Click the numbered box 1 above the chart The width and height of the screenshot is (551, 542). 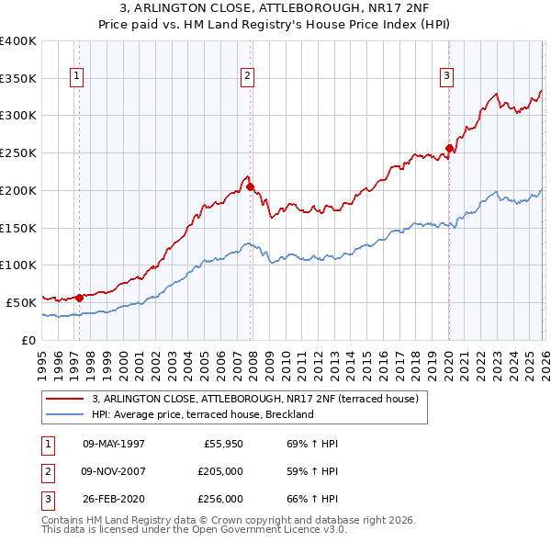point(76,76)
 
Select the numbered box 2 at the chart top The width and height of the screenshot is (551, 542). point(248,76)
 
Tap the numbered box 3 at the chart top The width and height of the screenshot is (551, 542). point(446,76)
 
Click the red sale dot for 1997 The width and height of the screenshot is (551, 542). point(80,297)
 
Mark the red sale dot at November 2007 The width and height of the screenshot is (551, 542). point(250,186)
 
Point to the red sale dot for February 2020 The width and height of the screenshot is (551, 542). point(449,148)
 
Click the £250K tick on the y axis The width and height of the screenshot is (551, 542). point(18,153)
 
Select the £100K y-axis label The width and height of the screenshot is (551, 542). point(18,265)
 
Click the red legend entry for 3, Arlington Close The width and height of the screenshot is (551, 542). point(255,399)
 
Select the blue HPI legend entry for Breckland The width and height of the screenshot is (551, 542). point(202,414)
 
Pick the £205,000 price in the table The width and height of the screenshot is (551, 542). point(220,471)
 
